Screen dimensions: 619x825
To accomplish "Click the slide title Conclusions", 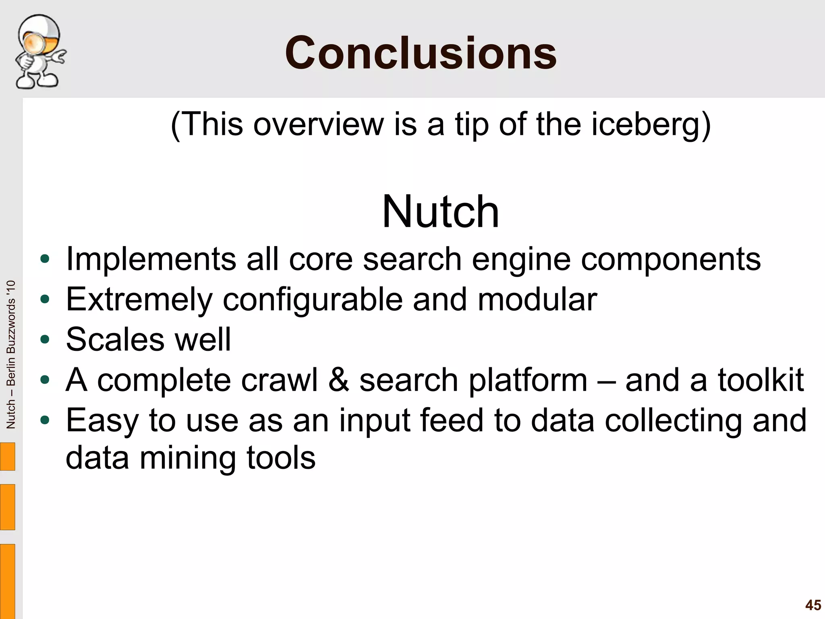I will [x=421, y=53].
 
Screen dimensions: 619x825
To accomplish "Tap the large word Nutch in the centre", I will [x=440, y=212].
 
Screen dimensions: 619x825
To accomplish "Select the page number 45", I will [x=813, y=605].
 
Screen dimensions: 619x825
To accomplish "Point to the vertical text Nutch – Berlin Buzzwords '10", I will [x=11, y=354].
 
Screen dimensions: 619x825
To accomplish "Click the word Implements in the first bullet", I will [x=151, y=260].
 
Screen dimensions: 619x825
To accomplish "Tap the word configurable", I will [x=313, y=300].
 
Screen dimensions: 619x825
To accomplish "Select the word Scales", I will [x=115, y=340].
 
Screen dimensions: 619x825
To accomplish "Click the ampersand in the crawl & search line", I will [x=338, y=380].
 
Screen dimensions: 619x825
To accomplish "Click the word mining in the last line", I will [x=188, y=458].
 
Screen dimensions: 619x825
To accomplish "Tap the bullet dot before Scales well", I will [x=45, y=340].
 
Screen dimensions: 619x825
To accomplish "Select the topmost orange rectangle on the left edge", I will [x=7, y=456].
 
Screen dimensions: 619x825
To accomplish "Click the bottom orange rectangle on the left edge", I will [x=7, y=581].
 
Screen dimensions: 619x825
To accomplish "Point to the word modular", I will [x=537, y=300].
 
